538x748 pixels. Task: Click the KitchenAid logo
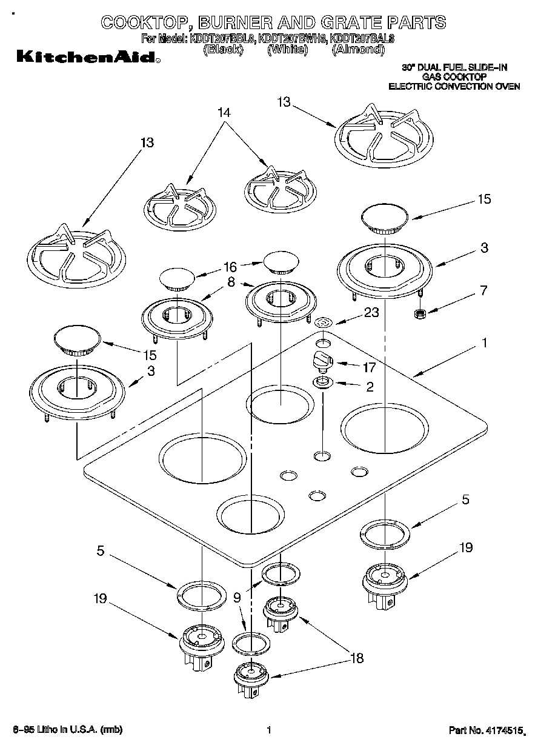[88, 58]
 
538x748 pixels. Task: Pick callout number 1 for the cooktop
[484, 343]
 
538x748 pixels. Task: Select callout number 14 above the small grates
[224, 113]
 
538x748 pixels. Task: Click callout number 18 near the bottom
[357, 658]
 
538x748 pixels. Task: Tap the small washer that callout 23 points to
[324, 322]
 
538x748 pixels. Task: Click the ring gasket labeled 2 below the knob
[323, 382]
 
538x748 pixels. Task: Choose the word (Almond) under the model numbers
[358, 50]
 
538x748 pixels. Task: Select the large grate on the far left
[77, 257]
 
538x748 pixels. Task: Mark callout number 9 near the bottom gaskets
[237, 597]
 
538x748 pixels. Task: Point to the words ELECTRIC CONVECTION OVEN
[454, 87]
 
